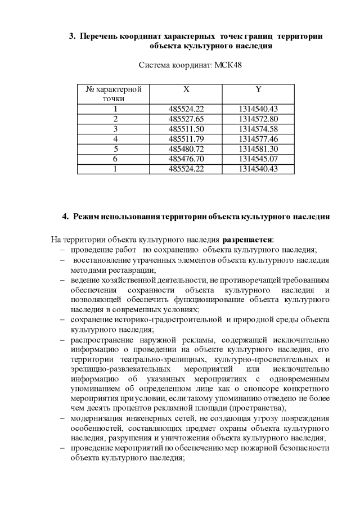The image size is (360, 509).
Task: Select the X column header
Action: coord(186,89)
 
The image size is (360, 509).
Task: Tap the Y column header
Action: coord(258,89)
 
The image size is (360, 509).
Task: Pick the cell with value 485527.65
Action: coord(186,119)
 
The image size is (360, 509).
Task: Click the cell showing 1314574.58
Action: coord(258,129)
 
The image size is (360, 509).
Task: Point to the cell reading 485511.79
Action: coord(186,138)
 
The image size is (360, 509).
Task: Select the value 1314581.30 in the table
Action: coord(258,148)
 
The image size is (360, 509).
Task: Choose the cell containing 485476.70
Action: coord(186,159)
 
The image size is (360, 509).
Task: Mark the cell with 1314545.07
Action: coord(258,159)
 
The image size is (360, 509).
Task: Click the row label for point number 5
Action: coord(114,148)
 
